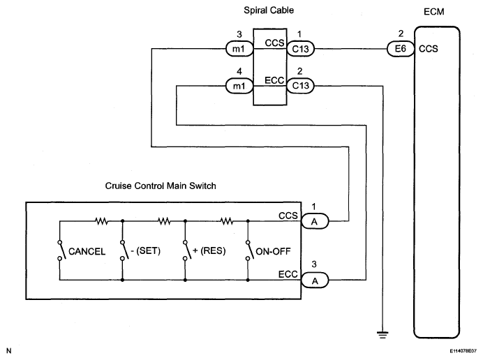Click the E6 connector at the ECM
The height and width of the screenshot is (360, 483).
[401, 49]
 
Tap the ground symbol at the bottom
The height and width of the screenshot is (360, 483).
[382, 335]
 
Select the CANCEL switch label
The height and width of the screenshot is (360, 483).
[87, 251]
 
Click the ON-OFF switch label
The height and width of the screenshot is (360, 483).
[273, 251]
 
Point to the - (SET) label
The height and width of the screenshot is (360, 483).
[146, 250]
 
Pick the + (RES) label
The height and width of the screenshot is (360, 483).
[209, 250]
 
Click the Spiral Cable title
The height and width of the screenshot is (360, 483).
[269, 10]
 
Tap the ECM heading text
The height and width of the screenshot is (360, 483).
[433, 12]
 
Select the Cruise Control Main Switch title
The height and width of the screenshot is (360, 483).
[161, 186]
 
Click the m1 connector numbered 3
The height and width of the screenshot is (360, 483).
[239, 49]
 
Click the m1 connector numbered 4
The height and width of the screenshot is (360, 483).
[239, 86]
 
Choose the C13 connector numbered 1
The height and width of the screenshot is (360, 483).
[301, 49]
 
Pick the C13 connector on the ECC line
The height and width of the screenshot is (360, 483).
[301, 86]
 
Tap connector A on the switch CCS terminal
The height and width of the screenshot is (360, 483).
[315, 221]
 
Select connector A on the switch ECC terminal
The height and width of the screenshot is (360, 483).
[315, 280]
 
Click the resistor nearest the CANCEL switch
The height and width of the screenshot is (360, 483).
[101, 221]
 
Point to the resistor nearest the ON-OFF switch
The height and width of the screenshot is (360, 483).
[227, 221]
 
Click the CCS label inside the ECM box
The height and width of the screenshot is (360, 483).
[428, 49]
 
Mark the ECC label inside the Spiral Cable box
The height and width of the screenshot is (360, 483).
[274, 80]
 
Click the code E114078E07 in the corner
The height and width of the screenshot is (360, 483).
[463, 351]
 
